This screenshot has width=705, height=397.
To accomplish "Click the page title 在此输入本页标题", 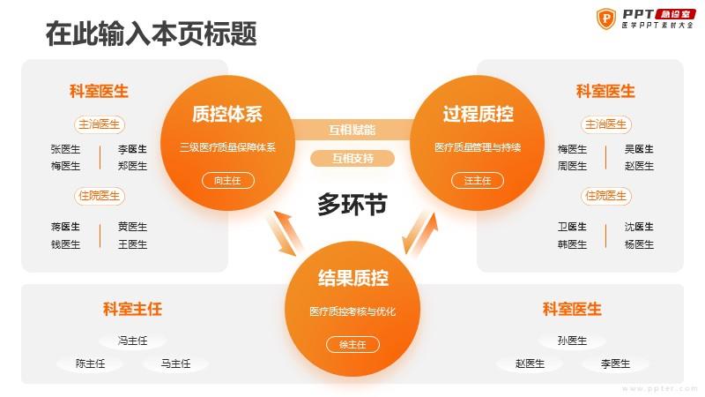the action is click(x=151, y=34).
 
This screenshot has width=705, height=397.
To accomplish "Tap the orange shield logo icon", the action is click(x=605, y=19).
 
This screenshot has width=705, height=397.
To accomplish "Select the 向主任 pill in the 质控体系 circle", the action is click(x=228, y=181).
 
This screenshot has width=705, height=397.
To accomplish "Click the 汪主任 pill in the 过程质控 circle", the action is click(x=478, y=181).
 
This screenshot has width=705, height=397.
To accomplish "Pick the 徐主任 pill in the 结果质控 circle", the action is click(x=353, y=345).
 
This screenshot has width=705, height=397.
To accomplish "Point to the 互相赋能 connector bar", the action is click(x=352, y=130).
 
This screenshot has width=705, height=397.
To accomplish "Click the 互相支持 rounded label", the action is click(x=352, y=159).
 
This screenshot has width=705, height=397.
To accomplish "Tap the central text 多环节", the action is click(x=352, y=205).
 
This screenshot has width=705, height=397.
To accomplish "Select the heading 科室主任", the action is click(x=132, y=310).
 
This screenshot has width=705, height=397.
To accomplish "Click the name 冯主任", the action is click(x=132, y=341).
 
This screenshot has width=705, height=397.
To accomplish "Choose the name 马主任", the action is click(x=175, y=363).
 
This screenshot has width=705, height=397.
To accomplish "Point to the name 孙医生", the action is click(x=572, y=341).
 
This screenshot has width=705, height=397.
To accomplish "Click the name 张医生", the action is click(x=65, y=149).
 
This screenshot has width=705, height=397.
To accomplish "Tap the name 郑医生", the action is click(x=132, y=166).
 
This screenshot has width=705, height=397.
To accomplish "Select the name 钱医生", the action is click(x=65, y=244).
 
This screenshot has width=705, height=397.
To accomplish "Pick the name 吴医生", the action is click(x=639, y=149).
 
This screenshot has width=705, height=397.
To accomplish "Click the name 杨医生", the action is click(x=639, y=244).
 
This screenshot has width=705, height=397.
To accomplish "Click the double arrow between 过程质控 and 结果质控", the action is click(x=420, y=234).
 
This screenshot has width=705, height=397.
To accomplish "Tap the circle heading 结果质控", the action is click(x=353, y=278).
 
